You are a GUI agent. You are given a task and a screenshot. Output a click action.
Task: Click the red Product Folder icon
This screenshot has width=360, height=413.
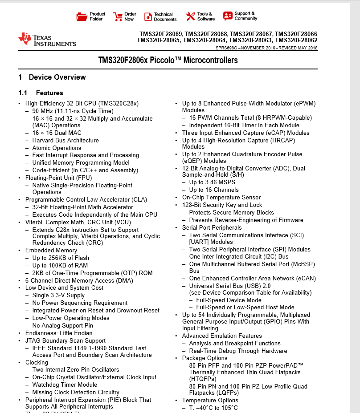(x=82, y=16)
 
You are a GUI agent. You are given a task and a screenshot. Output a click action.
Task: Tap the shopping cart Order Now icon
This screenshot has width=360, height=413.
(x=118, y=16)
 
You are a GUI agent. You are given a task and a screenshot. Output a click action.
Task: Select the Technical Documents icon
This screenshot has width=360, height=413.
(x=148, y=16)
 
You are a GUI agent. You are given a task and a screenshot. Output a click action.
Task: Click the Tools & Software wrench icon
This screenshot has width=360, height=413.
(x=191, y=16)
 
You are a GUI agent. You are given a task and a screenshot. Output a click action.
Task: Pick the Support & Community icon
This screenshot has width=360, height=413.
(x=228, y=16)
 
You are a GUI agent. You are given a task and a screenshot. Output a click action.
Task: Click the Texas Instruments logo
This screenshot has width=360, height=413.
(x=47, y=40)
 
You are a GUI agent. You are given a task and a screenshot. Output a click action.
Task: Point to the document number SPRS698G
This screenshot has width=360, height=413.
(x=226, y=48)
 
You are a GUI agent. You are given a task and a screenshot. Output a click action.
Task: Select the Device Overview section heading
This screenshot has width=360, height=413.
(x=57, y=77)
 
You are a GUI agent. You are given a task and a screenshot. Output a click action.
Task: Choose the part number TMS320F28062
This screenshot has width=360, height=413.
(x=296, y=40)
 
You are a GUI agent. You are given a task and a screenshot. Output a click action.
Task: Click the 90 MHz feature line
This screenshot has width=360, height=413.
(x=73, y=111)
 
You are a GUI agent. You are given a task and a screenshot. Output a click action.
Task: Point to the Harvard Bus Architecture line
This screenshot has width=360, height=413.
(x=65, y=141)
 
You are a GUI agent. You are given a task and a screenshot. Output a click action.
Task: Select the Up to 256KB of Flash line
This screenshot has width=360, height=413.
(x=61, y=258)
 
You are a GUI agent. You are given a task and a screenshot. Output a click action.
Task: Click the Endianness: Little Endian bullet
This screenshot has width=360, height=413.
(x=59, y=333)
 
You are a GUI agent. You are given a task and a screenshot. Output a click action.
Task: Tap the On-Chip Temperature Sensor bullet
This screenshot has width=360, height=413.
(x=221, y=198)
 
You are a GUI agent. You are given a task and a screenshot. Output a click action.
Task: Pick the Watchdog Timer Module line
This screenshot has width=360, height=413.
(x=65, y=385)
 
